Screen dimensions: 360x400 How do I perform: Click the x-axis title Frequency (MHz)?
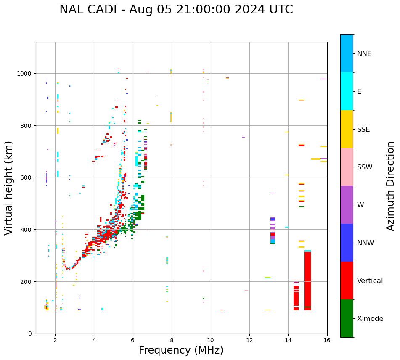pos(181,350)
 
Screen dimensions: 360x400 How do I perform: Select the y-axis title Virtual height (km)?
pos(9,188)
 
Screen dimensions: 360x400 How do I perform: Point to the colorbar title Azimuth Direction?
pos(391,186)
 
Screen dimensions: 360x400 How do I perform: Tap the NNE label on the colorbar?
pos(370,54)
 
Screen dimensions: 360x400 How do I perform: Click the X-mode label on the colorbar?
pos(370,319)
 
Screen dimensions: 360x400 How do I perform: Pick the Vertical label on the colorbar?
pos(370,281)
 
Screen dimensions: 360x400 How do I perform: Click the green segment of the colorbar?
pos(347,318)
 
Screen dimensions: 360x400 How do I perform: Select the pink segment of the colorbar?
pos(347,167)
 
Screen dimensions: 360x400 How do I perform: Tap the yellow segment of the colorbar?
pos(347,129)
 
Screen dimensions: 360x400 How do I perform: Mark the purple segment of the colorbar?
pos(347,205)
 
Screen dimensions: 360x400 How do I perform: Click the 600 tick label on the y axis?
pos(26,177)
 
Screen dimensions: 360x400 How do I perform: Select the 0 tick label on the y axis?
pos(30,334)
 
